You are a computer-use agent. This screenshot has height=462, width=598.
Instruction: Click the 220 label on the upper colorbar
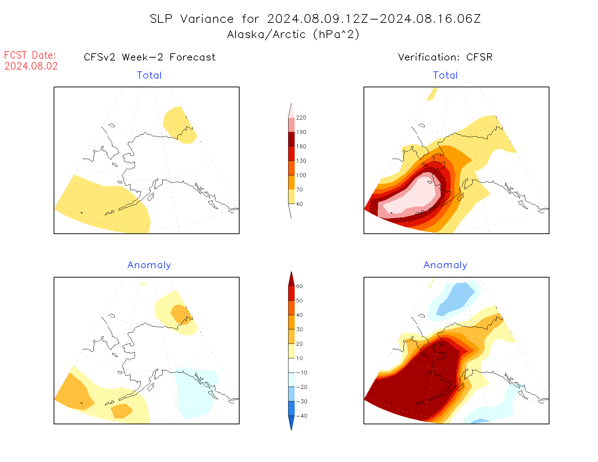301,118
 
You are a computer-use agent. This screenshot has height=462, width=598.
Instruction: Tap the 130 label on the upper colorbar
301,161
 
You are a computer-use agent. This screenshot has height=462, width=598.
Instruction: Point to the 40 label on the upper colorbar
299,204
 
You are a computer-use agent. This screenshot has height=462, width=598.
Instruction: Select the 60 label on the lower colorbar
299,286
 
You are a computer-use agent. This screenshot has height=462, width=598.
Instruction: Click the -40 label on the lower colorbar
302,416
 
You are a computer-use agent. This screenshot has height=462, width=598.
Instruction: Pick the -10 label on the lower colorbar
302,372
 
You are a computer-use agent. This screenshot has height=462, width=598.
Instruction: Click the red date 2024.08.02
31,66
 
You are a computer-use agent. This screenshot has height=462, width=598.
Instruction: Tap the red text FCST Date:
30,55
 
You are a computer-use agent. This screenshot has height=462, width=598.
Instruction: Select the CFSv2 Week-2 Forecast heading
150,57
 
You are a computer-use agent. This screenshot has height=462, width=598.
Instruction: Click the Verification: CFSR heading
445,57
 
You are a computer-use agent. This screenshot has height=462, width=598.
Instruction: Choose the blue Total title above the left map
149,75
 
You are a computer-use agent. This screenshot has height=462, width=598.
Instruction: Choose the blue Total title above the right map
445,75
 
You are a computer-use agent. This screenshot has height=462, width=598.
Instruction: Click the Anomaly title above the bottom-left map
149,265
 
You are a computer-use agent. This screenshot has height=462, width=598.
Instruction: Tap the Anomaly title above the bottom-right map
445,265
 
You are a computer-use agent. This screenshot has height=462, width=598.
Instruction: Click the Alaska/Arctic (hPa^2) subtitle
293,34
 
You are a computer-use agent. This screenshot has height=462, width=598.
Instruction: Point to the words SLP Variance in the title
192,19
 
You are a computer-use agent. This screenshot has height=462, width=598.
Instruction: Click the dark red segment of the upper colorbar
291,139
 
